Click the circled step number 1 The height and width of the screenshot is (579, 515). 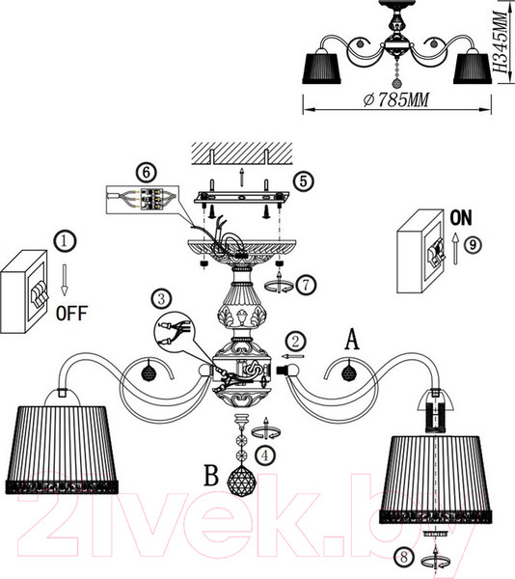point(65,241)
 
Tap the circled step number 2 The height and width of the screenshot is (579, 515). point(295,342)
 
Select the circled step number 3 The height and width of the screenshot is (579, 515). point(161,299)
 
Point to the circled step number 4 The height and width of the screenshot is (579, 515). point(265,456)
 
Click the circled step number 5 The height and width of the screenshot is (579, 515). point(303,181)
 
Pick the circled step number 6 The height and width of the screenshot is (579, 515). point(146,173)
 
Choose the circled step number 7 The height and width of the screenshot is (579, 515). point(306,285)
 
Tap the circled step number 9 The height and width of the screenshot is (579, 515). point(473,245)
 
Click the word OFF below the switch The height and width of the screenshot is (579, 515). point(72,314)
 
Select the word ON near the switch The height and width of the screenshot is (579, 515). point(461,218)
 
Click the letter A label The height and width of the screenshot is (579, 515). point(352,340)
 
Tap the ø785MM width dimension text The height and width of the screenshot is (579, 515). point(395,99)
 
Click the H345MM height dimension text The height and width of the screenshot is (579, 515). point(501,41)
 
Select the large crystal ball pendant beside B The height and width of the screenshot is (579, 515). point(242,482)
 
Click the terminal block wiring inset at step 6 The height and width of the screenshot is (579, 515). point(143,200)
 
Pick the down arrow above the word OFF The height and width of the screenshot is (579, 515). point(65,280)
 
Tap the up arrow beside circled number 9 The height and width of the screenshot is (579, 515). point(455,248)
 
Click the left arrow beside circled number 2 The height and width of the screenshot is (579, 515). point(293,356)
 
